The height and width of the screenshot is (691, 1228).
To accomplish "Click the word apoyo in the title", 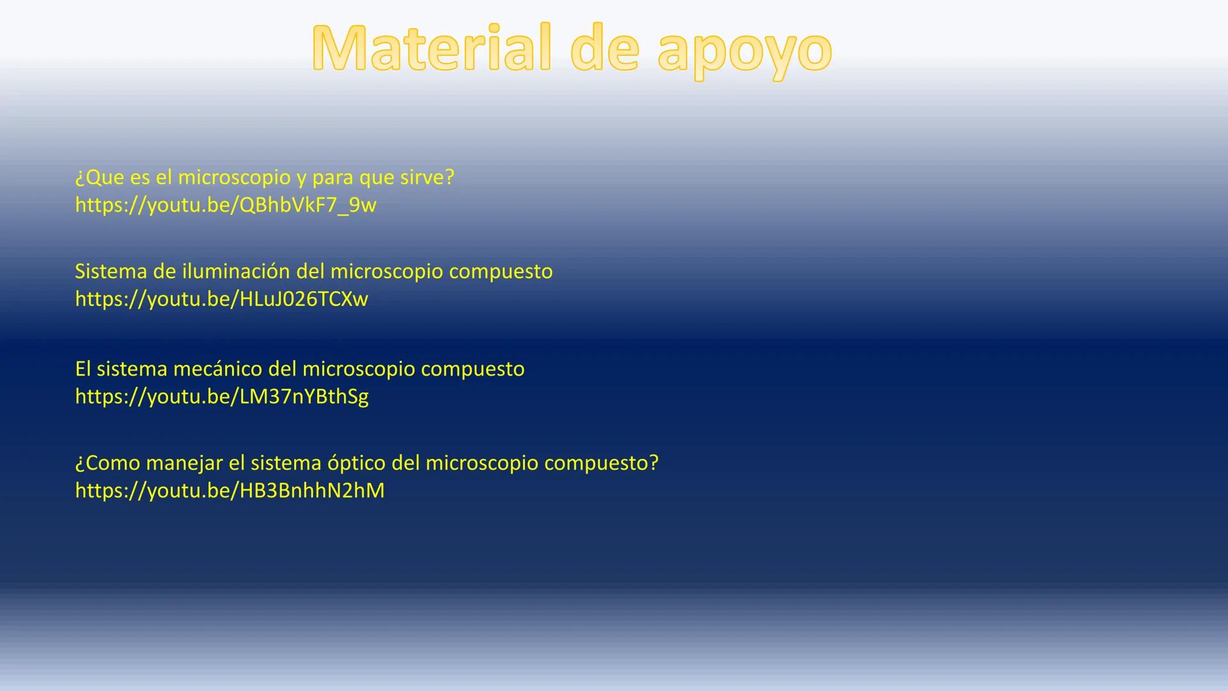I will (745, 51).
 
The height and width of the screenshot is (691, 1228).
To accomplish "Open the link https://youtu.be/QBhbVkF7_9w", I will (226, 205).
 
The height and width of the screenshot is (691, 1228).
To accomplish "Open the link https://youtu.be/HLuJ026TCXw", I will (221, 299).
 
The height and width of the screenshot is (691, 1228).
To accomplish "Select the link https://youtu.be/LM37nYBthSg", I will (221, 397).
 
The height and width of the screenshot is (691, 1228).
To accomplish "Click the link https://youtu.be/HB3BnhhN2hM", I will (230, 491).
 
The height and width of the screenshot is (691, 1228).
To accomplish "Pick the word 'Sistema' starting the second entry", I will (111, 271).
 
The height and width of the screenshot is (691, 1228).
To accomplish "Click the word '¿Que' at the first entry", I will (99, 177).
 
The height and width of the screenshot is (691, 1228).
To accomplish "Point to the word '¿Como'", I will (107, 463).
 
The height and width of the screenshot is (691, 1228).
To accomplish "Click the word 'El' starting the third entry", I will (83, 369).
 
